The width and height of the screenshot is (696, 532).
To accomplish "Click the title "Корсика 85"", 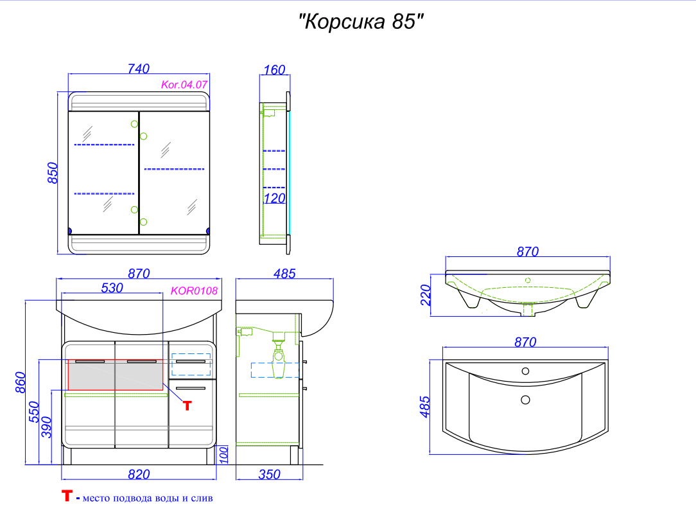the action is [x=361, y=21].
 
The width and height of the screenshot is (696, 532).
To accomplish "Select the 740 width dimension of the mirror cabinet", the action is [x=139, y=69].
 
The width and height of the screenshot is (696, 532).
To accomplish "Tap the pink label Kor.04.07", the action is [x=184, y=84].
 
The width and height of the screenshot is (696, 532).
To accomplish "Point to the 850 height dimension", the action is [x=53, y=173].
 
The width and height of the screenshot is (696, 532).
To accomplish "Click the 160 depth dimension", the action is [x=274, y=70].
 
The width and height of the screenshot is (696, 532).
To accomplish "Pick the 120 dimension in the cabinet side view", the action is [x=274, y=199].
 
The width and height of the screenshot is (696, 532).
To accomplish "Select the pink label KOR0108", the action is [x=194, y=291].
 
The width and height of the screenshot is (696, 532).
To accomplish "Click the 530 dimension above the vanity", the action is [x=112, y=288].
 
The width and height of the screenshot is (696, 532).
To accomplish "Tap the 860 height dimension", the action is [x=21, y=382].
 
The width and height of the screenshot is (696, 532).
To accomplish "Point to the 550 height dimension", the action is [x=34, y=412].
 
